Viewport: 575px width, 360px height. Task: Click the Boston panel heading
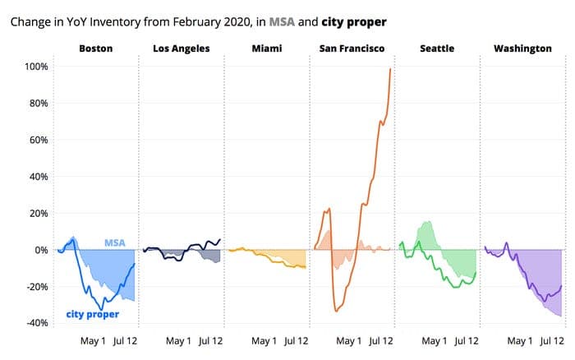(x=95, y=49)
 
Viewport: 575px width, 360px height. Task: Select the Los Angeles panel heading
(x=181, y=49)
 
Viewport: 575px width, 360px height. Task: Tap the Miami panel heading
(x=267, y=49)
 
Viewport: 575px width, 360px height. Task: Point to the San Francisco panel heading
(x=352, y=49)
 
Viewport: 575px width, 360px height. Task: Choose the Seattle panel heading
(x=437, y=49)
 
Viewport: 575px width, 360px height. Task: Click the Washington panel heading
(x=522, y=49)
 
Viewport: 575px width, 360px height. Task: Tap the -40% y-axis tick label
(x=38, y=323)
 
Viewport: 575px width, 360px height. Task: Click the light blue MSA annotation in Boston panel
(x=114, y=243)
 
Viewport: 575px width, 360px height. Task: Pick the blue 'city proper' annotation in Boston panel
(x=92, y=314)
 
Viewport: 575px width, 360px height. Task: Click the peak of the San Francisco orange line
(x=389, y=69)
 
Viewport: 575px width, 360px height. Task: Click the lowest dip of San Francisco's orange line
(x=336, y=311)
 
